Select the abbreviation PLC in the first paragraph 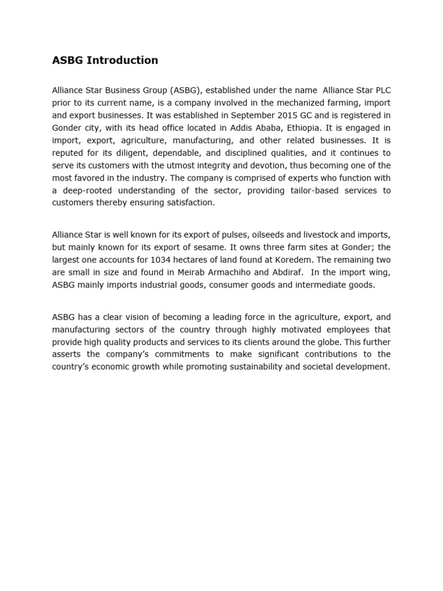click(382, 91)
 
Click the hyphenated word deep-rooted click(85, 190)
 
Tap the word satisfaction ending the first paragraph click(190, 203)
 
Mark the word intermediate click(327, 285)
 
